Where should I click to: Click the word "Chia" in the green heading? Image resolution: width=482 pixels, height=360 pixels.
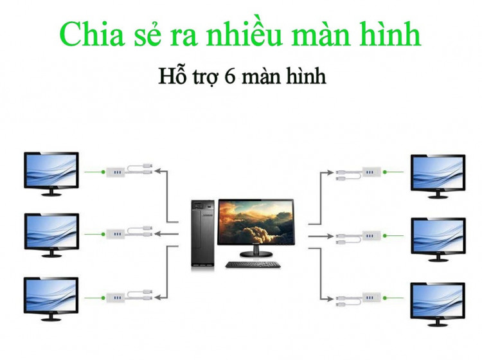92,33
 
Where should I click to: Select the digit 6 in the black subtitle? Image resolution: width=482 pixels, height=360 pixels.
230,76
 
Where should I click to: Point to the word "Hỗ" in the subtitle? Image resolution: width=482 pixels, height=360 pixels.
172,75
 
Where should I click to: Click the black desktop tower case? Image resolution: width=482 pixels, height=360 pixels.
202,233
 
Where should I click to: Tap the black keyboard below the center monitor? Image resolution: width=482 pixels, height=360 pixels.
253,265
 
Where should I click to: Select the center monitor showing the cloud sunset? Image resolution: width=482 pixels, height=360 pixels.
256,228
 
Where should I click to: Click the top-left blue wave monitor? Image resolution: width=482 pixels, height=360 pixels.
51,174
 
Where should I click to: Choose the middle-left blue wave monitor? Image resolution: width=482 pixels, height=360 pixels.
51,235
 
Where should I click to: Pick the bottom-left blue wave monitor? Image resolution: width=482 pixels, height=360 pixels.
51,299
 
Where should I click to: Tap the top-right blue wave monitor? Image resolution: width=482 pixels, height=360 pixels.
438,176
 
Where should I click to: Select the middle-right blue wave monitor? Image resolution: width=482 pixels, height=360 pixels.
438,240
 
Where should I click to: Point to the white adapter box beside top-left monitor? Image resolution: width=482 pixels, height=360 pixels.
116,172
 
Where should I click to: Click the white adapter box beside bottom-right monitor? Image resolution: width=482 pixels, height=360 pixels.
371,298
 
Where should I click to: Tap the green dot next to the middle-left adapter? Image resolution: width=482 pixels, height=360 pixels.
103,234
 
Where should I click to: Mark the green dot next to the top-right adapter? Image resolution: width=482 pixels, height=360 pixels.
384,172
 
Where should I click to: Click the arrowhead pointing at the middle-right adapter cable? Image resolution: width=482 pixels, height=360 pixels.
330,236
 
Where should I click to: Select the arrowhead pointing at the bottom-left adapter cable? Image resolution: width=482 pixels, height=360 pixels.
157,297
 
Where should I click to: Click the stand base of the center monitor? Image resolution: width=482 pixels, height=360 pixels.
256,254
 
